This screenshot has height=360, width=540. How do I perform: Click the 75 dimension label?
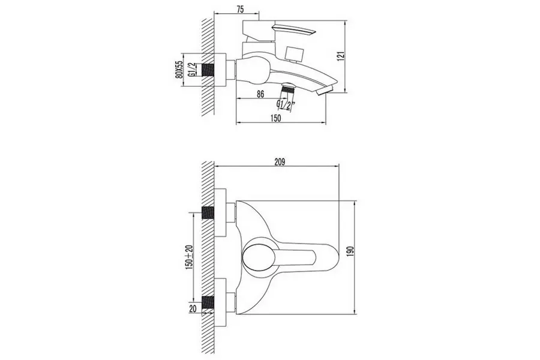pos(240,10)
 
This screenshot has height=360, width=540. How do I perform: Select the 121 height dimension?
pos(341,56)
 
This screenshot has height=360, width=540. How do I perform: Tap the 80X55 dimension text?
pos(179,70)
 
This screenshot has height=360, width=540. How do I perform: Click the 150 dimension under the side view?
pos(275,118)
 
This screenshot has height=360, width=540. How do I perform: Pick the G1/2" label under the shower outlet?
pos(286,105)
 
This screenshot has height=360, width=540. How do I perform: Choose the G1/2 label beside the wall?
pos(193,70)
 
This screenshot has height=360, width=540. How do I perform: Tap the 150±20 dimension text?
pos(189,257)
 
